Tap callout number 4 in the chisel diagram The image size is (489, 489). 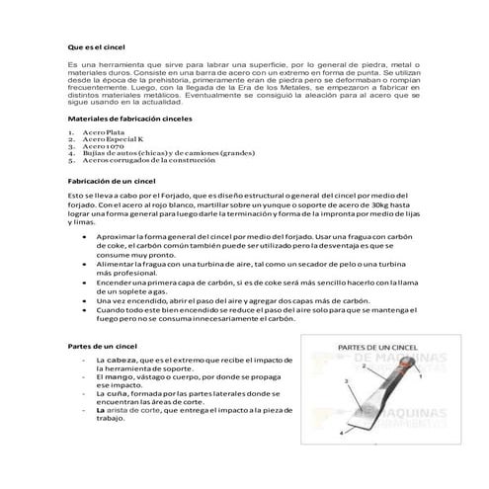coord(342,433)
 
